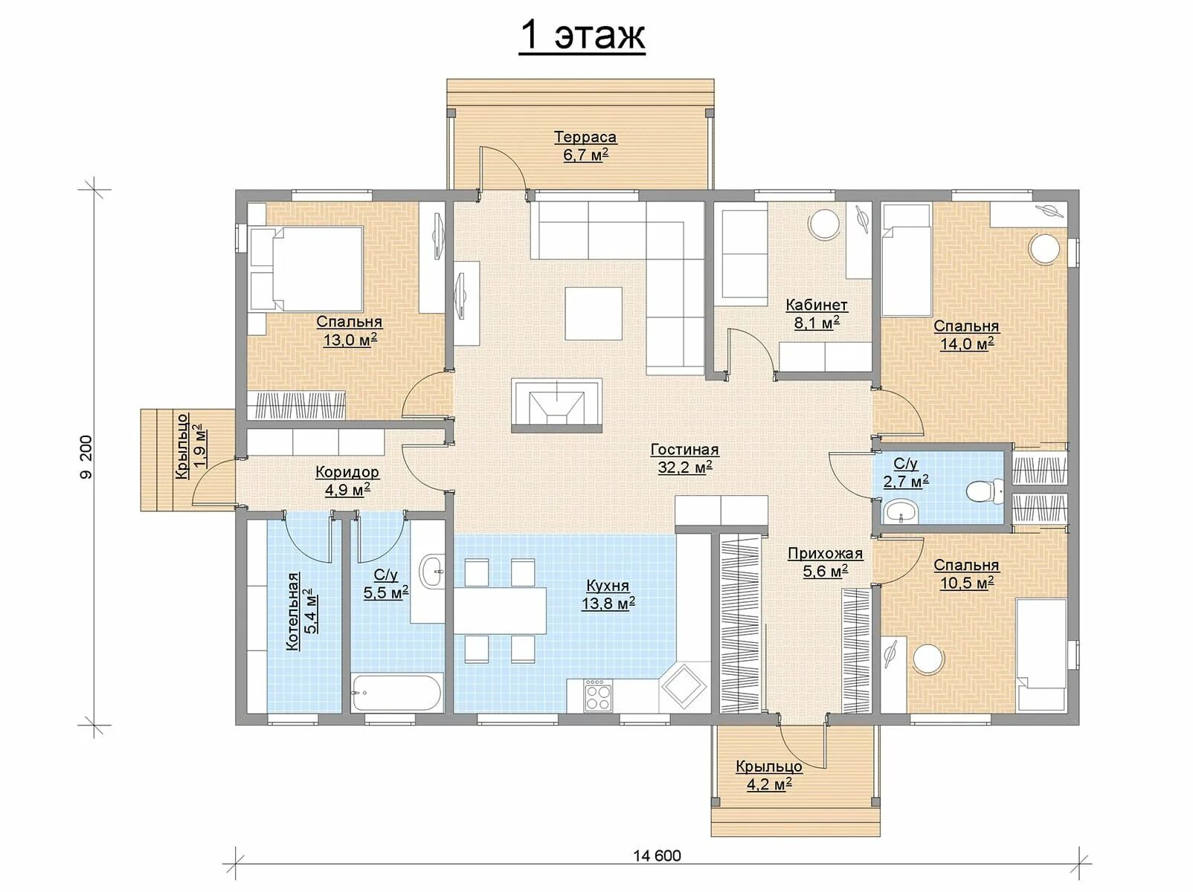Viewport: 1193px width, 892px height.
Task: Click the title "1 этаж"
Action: point(582,36)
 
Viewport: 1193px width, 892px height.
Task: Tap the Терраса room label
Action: point(585,137)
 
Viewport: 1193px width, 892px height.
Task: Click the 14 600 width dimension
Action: point(657,856)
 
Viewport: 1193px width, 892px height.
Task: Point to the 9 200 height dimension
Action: point(86,457)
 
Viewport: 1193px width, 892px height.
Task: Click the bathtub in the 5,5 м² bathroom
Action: point(396,692)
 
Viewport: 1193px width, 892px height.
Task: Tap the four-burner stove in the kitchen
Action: point(597,694)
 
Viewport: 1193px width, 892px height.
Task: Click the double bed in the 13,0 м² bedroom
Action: point(306,269)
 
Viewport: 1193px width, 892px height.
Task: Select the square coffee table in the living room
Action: point(594,313)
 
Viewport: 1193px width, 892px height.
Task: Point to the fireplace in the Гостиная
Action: point(556,404)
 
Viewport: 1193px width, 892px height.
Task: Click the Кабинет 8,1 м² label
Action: point(817,314)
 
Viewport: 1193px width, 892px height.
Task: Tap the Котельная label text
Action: point(292,611)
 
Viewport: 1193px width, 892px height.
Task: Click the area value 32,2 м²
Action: point(685,468)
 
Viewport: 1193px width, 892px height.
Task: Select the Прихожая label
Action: point(825,554)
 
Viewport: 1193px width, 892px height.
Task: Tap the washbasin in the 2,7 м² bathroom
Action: point(901,511)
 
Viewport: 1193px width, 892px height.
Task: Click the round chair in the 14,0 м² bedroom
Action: point(1045,248)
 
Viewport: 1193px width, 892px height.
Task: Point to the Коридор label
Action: point(347,471)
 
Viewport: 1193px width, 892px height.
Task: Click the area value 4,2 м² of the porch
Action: point(768,784)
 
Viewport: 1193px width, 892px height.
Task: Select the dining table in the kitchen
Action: point(500,610)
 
